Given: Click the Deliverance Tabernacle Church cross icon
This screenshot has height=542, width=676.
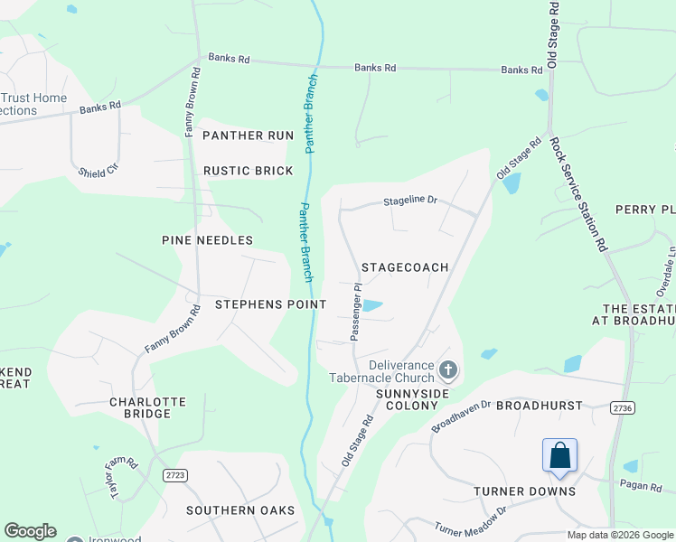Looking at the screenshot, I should [449, 369].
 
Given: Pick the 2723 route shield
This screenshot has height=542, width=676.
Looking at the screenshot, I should [175, 474].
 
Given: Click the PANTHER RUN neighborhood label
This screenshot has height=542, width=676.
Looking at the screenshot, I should [248, 135].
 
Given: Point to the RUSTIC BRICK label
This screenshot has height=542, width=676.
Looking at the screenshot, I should [248, 171].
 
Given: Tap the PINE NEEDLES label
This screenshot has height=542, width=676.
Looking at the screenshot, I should [207, 240].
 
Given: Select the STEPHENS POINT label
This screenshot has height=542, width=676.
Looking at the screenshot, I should [270, 304].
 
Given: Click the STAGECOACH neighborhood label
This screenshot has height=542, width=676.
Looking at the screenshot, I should [405, 268].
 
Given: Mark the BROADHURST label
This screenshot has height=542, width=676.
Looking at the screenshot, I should [539, 406].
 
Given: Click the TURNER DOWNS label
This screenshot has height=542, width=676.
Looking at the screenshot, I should [524, 491].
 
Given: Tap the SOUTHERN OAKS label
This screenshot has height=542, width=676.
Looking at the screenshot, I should [240, 510].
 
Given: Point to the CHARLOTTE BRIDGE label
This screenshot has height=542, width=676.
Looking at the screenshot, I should [147, 407].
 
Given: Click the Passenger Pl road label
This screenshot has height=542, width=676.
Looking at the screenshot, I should [356, 312].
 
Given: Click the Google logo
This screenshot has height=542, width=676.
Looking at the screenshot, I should [30, 531].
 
